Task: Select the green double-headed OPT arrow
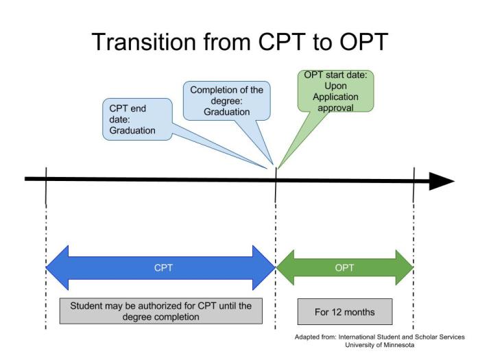pos(344,267)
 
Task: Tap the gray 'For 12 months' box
pos(344,311)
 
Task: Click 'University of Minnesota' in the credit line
pos(387,345)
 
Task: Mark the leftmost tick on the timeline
pos(45,185)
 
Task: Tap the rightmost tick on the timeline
pos(413,185)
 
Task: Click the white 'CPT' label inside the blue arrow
pos(163,267)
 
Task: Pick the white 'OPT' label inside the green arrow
pos(344,267)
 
